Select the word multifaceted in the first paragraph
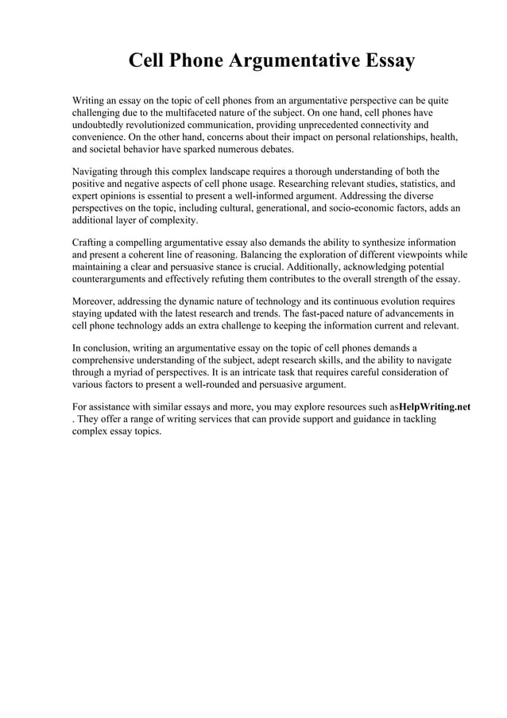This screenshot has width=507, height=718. [x=178, y=113]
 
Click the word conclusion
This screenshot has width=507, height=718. [x=109, y=348]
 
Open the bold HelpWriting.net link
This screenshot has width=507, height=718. [x=434, y=407]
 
